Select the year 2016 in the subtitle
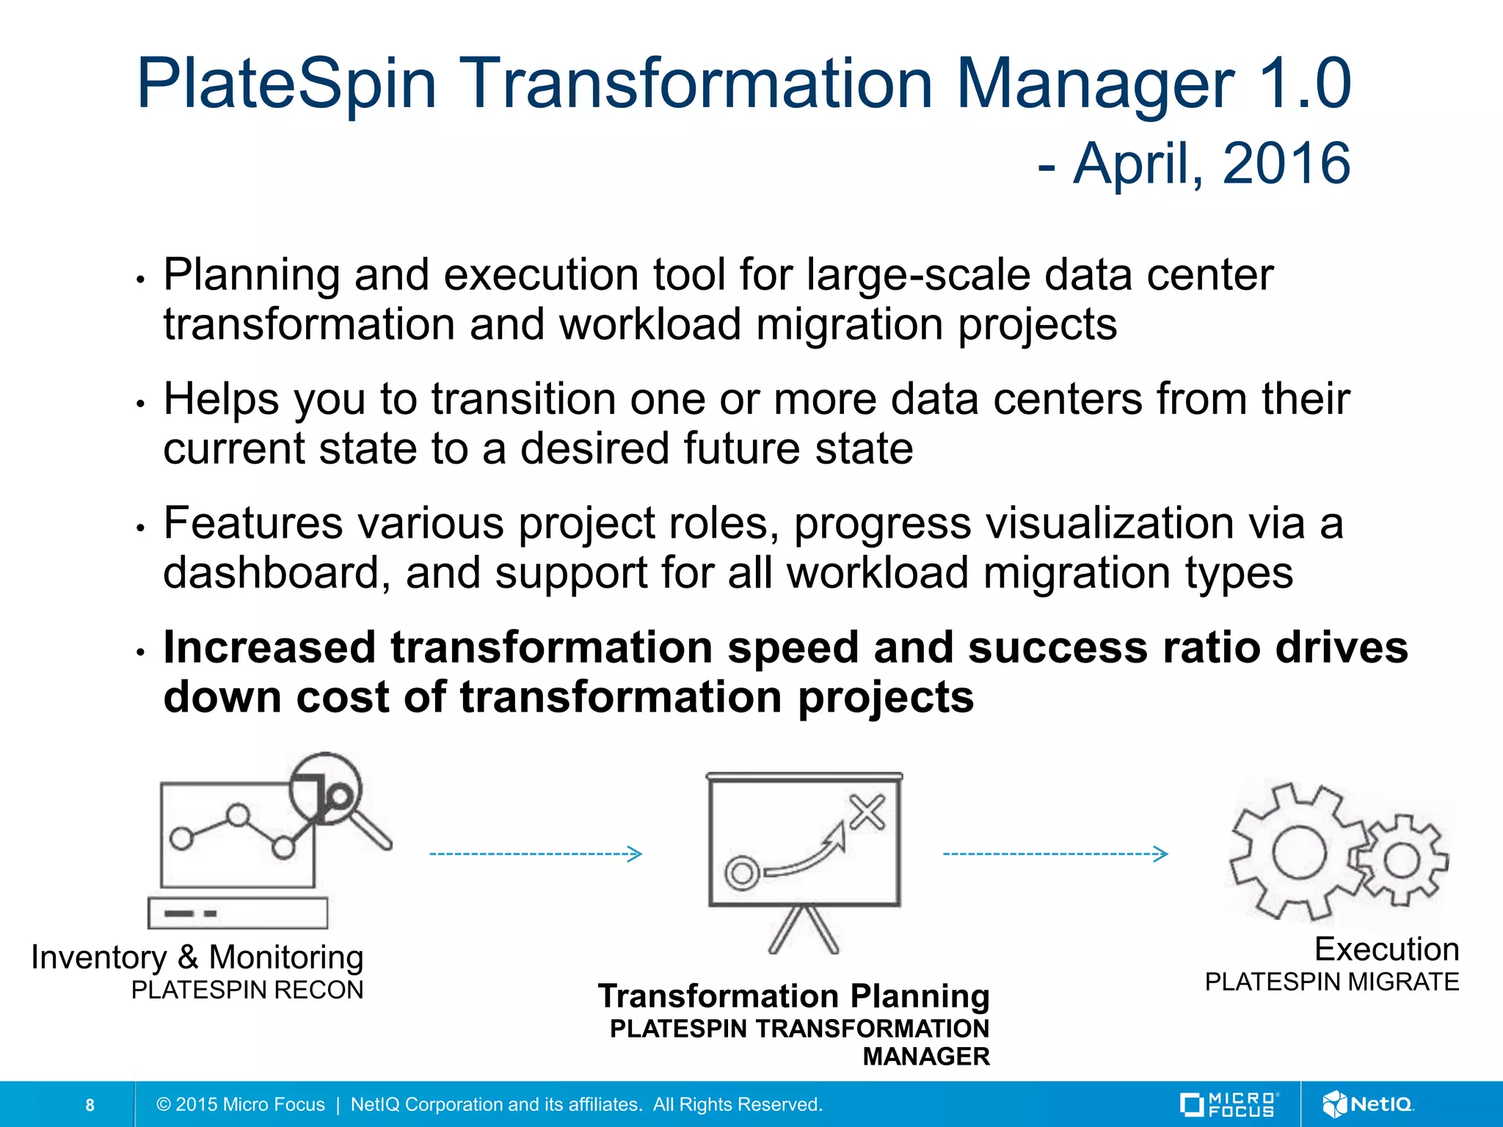coord(1286,163)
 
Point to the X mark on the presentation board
coord(867,812)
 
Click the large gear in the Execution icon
coord(1298,853)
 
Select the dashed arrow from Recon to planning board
coord(536,853)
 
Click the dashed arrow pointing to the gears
coord(1055,853)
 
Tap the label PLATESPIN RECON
coord(247,991)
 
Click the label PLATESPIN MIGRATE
coord(1331,982)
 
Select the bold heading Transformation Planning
coord(793,996)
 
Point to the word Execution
coord(1386,949)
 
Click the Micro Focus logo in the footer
coord(1229,1104)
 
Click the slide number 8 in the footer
coord(90,1105)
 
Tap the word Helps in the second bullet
coord(221,400)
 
